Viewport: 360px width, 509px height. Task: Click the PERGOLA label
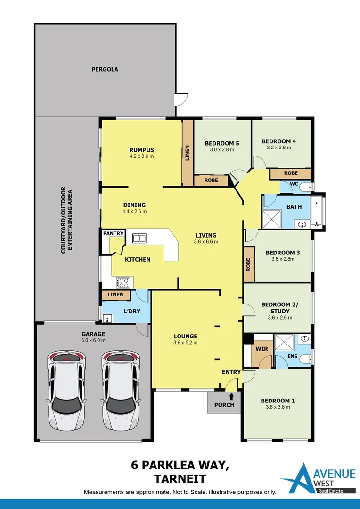click(105, 69)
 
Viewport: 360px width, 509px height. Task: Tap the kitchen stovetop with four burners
click(123, 282)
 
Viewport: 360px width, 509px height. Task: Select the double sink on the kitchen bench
click(139, 238)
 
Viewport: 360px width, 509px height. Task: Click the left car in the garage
click(66, 391)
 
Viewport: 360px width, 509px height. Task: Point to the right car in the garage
click(121, 391)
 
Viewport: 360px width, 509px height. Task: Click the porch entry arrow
click(231, 396)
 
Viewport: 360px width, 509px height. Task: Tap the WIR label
click(262, 349)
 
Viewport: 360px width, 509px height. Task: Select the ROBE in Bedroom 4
click(291, 173)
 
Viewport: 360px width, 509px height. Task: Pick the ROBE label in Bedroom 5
click(211, 180)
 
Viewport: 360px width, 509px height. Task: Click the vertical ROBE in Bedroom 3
click(249, 264)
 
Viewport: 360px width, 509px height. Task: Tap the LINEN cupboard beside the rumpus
click(188, 153)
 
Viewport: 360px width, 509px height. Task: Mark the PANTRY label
click(113, 233)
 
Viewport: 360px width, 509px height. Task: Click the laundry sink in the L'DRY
click(107, 318)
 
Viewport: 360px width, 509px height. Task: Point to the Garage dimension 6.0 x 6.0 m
click(93, 340)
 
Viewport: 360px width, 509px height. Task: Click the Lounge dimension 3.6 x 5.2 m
click(186, 343)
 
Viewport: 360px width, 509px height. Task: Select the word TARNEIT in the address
click(180, 479)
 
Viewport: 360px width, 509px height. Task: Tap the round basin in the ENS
click(304, 339)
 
